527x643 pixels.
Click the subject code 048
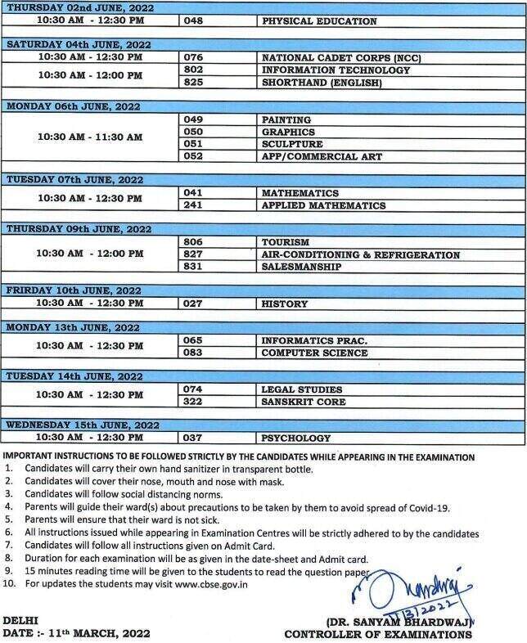pos(194,20)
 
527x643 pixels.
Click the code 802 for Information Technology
pos(194,70)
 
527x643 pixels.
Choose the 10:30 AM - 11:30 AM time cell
pos(90,137)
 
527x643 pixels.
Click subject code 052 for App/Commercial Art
pos(194,156)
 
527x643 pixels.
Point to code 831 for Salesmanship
pos(194,267)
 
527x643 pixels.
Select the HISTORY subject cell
pos(285,304)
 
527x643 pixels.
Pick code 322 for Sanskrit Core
pos(194,402)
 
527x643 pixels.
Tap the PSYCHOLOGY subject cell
pos(296,438)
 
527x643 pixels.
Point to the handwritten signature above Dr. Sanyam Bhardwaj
pos(401,593)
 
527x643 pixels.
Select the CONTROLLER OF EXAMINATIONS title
pos(378,634)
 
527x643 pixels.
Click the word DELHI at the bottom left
pos(20,621)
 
